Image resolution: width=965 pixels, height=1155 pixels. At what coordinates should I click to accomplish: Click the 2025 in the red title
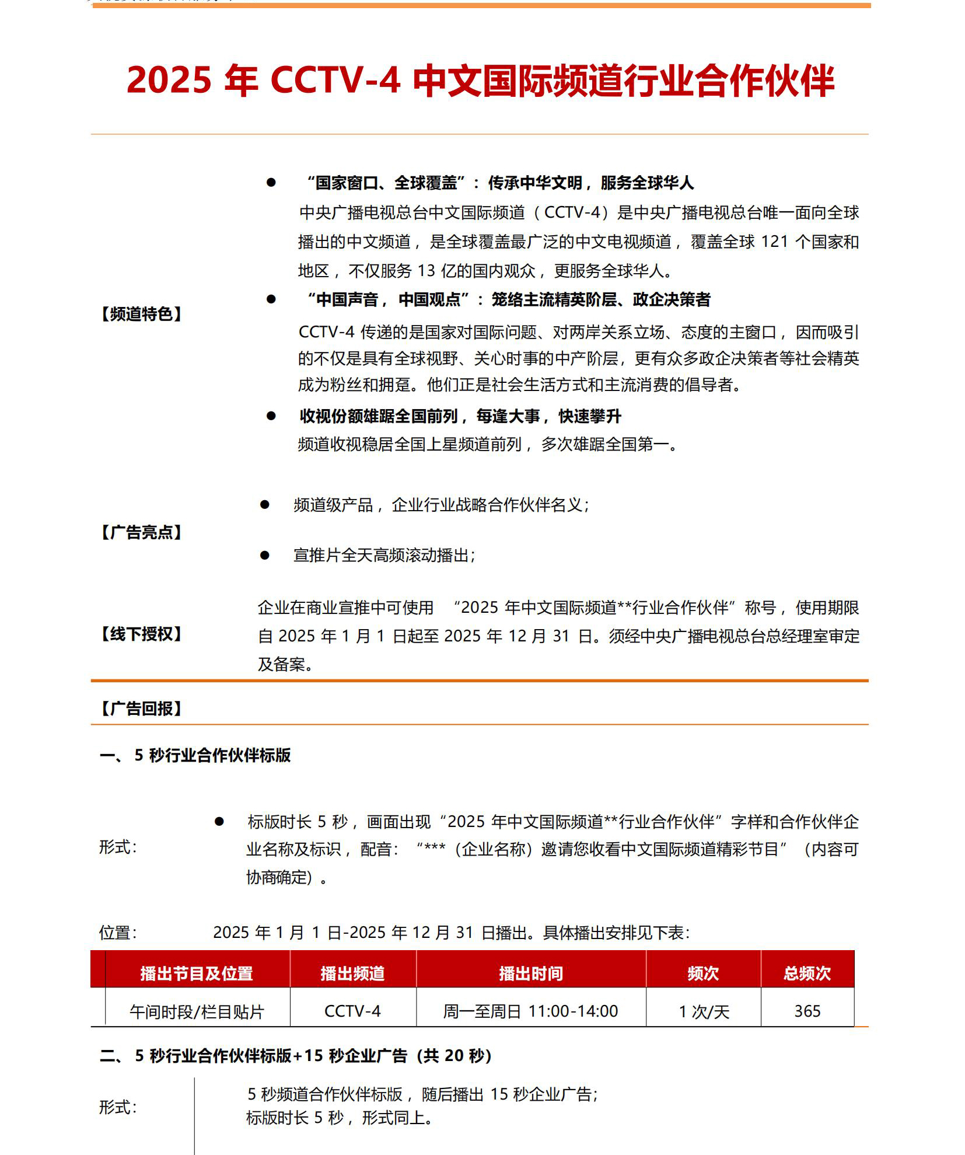[x=169, y=80]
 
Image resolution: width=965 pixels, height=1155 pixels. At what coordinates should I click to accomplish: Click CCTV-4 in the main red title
[x=335, y=80]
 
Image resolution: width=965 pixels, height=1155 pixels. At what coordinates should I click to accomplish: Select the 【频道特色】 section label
[x=141, y=314]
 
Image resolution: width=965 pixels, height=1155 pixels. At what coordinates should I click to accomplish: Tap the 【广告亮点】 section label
[x=141, y=532]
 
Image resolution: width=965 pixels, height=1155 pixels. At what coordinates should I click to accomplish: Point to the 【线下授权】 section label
[x=141, y=634]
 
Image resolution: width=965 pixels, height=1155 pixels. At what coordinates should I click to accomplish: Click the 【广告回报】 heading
[x=141, y=709]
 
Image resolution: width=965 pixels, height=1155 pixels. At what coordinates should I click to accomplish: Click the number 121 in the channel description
[x=774, y=242]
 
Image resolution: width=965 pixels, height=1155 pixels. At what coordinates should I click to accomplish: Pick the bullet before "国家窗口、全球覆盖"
[x=271, y=183]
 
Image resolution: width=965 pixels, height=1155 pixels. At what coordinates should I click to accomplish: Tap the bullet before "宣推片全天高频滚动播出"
[x=265, y=555]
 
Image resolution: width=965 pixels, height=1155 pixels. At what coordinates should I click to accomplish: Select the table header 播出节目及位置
[x=197, y=973]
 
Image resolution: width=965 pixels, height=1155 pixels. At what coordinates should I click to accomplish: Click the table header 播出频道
[x=352, y=973]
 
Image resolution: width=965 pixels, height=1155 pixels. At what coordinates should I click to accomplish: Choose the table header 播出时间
[x=530, y=973]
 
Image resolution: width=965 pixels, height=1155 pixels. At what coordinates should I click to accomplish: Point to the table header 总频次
[x=807, y=973]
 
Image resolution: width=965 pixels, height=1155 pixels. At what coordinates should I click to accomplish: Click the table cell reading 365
[x=807, y=1011]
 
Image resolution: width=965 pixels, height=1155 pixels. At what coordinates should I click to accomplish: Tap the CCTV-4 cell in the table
[x=352, y=1011]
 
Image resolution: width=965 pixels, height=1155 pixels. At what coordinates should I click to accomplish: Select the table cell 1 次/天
[x=704, y=1011]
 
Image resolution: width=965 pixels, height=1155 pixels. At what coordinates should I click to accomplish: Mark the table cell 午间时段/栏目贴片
[x=197, y=1011]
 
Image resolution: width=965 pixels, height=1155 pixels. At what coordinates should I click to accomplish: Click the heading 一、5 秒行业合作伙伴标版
[x=195, y=755]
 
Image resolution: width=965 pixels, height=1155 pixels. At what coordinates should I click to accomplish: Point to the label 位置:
[x=118, y=933]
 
